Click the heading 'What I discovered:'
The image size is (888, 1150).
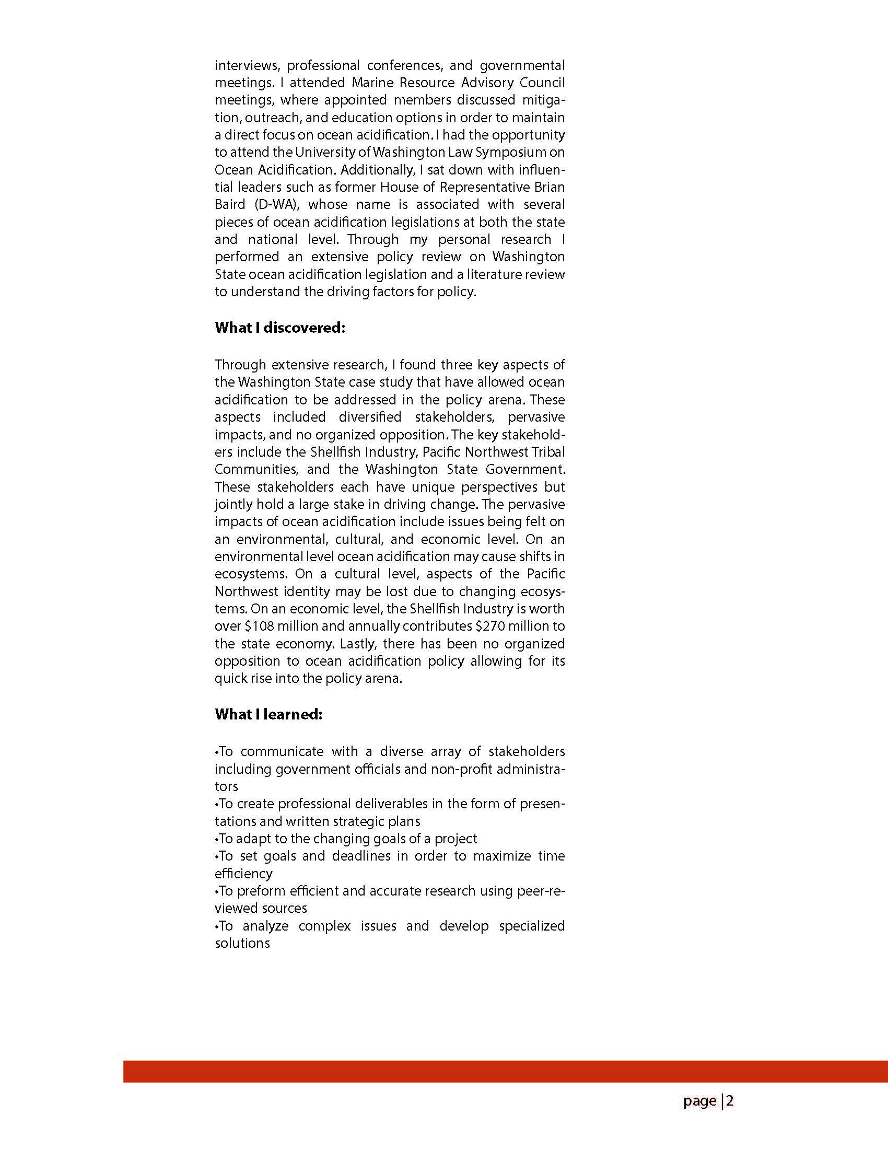279,328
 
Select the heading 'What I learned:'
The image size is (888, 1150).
268,714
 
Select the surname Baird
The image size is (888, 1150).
230,204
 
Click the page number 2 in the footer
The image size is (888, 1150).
730,1100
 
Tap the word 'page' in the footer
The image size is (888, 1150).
699,1101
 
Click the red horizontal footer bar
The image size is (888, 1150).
505,1072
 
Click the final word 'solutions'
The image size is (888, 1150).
242,943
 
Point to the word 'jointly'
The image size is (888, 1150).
232,504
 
